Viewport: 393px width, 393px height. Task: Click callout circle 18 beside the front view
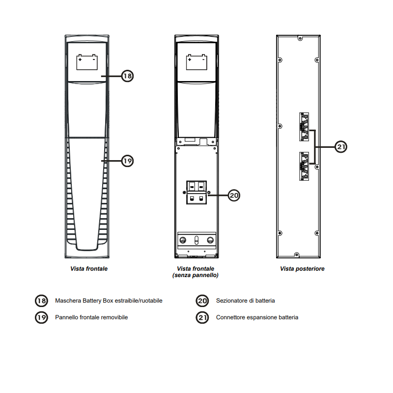pos(127,76)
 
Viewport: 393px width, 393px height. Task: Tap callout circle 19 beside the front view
pos(127,161)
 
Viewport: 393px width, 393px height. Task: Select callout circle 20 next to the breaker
pos(234,195)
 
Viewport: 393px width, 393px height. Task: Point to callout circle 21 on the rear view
pos(341,146)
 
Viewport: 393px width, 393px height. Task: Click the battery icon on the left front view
pos(87,62)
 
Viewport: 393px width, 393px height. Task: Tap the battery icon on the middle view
pos(196,62)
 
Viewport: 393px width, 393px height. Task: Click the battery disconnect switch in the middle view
pos(196,193)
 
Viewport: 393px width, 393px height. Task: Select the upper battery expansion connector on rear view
pos(304,127)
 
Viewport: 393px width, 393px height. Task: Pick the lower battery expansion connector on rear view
pos(304,166)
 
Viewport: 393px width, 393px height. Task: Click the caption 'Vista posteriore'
pos(302,269)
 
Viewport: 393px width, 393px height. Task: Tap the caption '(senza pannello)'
pos(196,275)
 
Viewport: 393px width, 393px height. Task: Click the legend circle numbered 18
pos(41,301)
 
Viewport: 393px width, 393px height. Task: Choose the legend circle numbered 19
pos(41,317)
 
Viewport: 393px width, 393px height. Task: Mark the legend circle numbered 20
pos(202,301)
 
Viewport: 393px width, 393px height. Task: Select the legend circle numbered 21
pos(202,317)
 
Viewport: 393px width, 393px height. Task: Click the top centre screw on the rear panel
pos(300,39)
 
